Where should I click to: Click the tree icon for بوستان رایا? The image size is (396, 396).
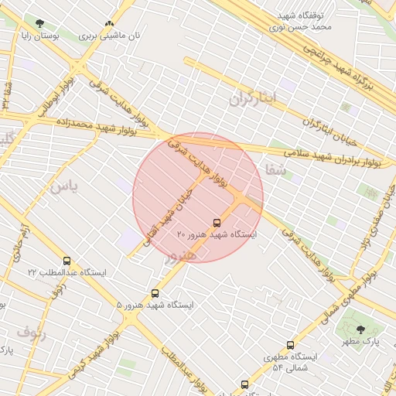pos(39,23)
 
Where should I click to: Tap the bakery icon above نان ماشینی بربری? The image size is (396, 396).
pos(109,24)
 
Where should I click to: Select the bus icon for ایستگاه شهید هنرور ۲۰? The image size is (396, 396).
pos(216,223)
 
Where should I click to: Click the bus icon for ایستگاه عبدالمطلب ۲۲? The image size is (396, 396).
pos(67,261)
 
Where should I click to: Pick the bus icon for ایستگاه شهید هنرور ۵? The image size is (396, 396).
pos(155,293)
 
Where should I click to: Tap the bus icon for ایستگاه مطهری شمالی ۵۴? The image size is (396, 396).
pos(290,345)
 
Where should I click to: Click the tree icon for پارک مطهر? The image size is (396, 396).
pos(360,329)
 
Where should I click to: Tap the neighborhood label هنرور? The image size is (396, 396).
pos(179,253)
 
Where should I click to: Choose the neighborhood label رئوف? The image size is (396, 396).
pos(31,333)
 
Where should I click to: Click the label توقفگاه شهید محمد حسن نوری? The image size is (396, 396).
pos(305,20)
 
